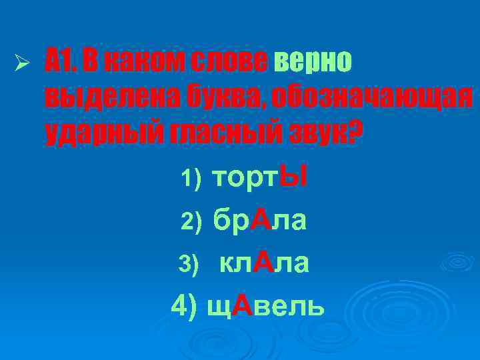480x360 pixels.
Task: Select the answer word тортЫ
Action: click(x=258, y=177)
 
